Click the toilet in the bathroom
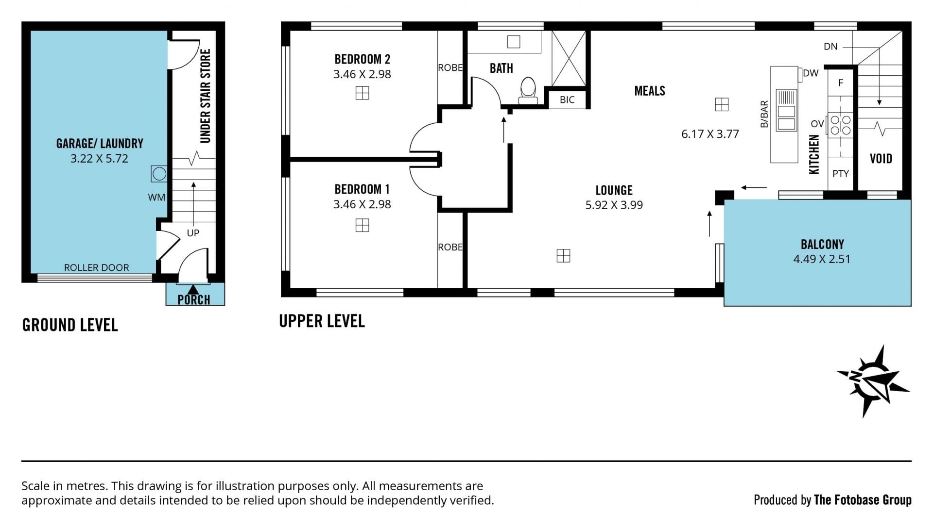(x=528, y=91)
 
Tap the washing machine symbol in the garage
(x=159, y=174)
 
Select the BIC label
(x=567, y=100)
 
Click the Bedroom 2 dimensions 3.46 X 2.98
(x=362, y=74)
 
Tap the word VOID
(x=881, y=159)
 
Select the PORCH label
(x=194, y=300)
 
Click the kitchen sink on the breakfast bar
(x=786, y=110)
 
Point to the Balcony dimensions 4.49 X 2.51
(x=822, y=259)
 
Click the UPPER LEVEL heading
(x=322, y=321)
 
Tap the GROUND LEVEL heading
(x=70, y=325)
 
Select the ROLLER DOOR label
(x=97, y=267)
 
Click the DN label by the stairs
(x=830, y=47)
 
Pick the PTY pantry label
(x=841, y=174)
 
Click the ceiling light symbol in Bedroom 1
(x=362, y=225)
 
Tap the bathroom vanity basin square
(x=514, y=42)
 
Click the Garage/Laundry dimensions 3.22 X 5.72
(x=99, y=159)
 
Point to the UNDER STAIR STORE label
(x=206, y=96)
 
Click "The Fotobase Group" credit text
(x=863, y=500)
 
